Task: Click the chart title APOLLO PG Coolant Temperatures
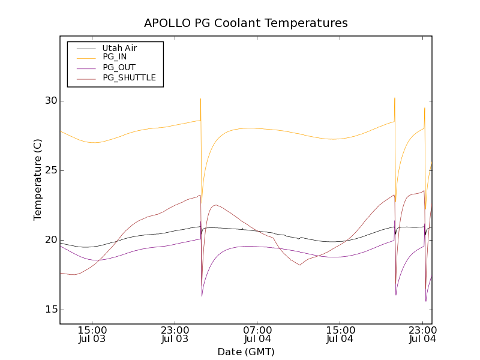point(245,23)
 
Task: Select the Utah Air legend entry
point(119,48)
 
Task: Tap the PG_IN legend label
point(115,57)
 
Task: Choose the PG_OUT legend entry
point(119,67)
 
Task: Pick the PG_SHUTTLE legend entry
point(129,77)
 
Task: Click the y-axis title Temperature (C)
point(38,180)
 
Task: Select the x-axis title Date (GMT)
point(245,352)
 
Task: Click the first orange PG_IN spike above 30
point(200,99)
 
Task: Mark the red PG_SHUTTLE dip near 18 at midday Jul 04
point(299,265)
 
